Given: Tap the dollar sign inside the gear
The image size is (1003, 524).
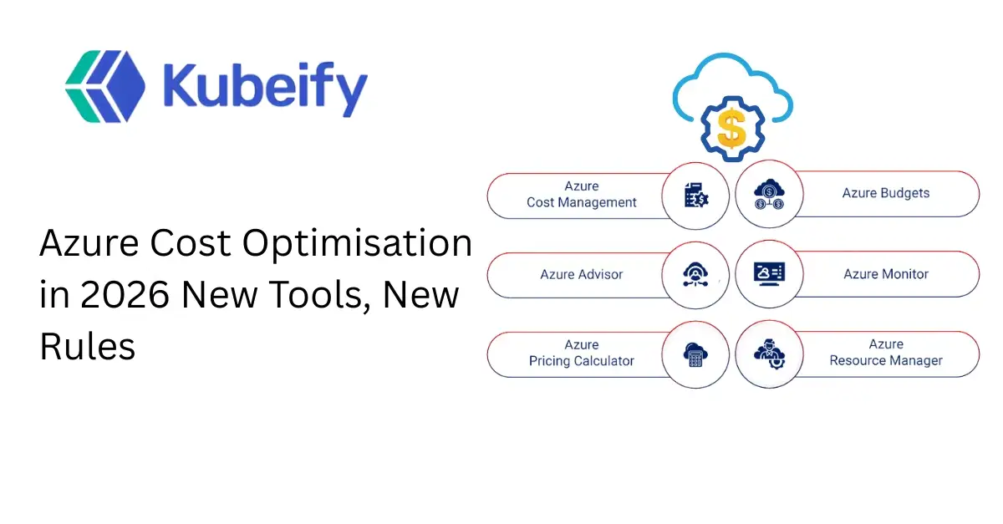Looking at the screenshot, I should coord(731,129).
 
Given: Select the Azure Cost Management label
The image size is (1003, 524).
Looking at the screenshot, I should coord(581,194).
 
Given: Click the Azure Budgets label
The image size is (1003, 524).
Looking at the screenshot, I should coord(885,193).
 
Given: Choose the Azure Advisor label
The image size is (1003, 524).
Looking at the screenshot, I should coord(581,274).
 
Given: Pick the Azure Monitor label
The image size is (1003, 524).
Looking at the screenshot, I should coord(885,274).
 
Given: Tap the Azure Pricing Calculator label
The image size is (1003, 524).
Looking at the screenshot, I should coord(581,353).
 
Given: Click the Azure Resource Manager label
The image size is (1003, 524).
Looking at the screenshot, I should coord(885,353).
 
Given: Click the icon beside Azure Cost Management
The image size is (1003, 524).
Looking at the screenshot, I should coord(695,196).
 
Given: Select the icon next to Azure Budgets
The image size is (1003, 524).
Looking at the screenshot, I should coord(768,196).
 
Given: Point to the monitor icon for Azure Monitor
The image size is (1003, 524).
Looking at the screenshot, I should coord(768,274).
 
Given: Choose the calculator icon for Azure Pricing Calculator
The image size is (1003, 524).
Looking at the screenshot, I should coord(695,354).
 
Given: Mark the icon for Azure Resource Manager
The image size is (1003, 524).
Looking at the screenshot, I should coord(768,354).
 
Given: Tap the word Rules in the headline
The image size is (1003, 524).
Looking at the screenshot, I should coord(88,346).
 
